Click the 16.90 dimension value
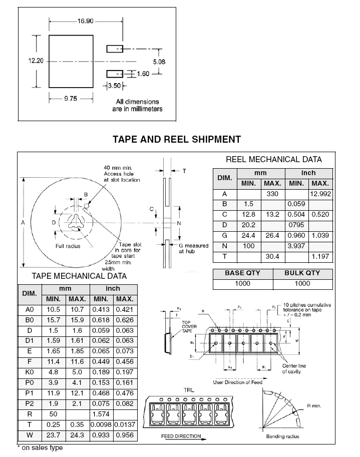tap(84, 21)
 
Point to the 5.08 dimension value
tap(158, 61)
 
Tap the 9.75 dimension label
tap(70, 99)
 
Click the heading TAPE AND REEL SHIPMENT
tap(176, 139)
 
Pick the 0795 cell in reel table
tap(297, 225)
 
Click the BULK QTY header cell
tap(302, 273)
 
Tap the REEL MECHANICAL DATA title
tap(273, 160)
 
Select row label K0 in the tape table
tap(29, 372)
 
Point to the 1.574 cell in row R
tap(102, 414)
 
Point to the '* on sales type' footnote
tap(40, 447)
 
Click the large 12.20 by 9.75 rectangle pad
tap(71, 61)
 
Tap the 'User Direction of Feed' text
tap(237, 382)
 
